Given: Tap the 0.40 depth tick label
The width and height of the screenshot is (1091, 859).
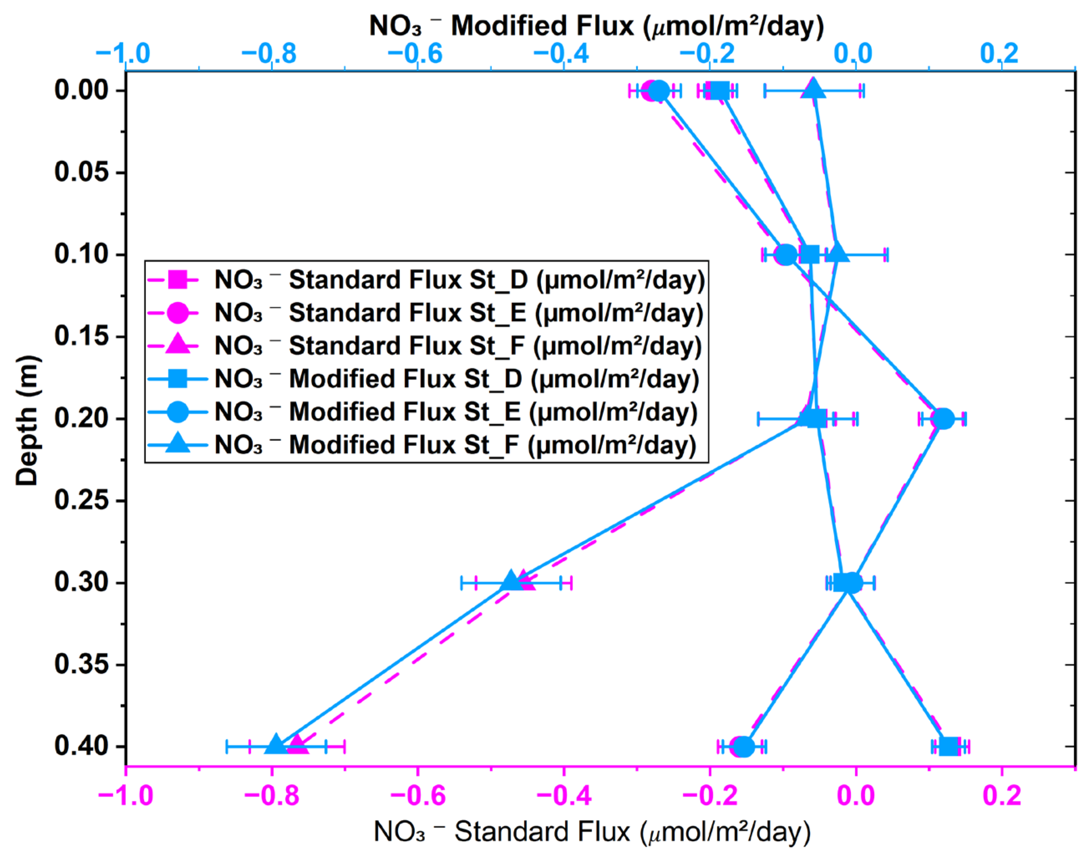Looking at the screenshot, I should pyautogui.click(x=81, y=746).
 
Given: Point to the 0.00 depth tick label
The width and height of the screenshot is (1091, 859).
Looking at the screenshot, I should pyautogui.click(x=81, y=91).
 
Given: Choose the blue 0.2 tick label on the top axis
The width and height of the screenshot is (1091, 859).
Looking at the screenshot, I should pyautogui.click(x=999, y=54).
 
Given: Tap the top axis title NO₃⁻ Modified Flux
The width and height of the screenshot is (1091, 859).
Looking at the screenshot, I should pyautogui.click(x=597, y=26).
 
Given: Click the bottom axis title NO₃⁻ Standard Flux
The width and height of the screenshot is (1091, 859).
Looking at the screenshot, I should pyautogui.click(x=592, y=832).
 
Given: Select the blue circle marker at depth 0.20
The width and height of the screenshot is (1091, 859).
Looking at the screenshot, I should pyautogui.click(x=943, y=418).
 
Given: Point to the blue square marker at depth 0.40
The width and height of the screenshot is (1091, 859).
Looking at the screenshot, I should pyautogui.click(x=948, y=746).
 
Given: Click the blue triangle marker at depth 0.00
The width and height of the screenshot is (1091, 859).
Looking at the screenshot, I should pyautogui.click(x=814, y=89).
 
